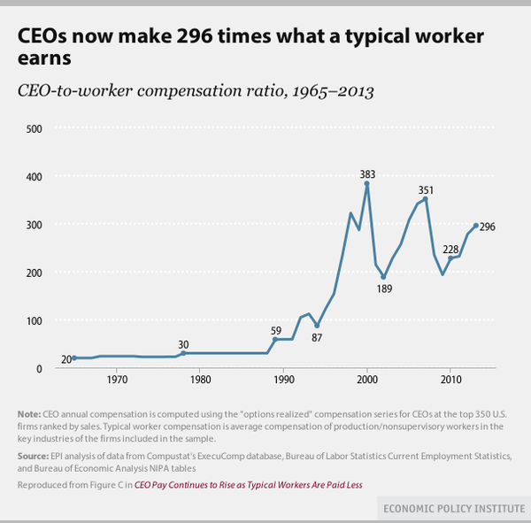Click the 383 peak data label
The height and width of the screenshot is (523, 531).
[367, 174]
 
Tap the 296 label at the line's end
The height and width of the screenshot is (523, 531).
[487, 227]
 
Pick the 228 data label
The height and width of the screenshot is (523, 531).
[450, 248]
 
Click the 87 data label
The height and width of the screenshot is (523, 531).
[317, 337]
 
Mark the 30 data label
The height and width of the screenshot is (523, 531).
[183, 343]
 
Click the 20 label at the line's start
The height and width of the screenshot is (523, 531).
[65, 358]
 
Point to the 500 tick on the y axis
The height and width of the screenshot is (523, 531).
[33, 128]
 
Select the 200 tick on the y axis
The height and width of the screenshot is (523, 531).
[33, 273]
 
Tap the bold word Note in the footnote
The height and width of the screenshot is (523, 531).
[27, 415]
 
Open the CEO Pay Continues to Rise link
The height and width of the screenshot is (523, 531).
[248, 484]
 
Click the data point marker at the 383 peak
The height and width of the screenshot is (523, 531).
[367, 184]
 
